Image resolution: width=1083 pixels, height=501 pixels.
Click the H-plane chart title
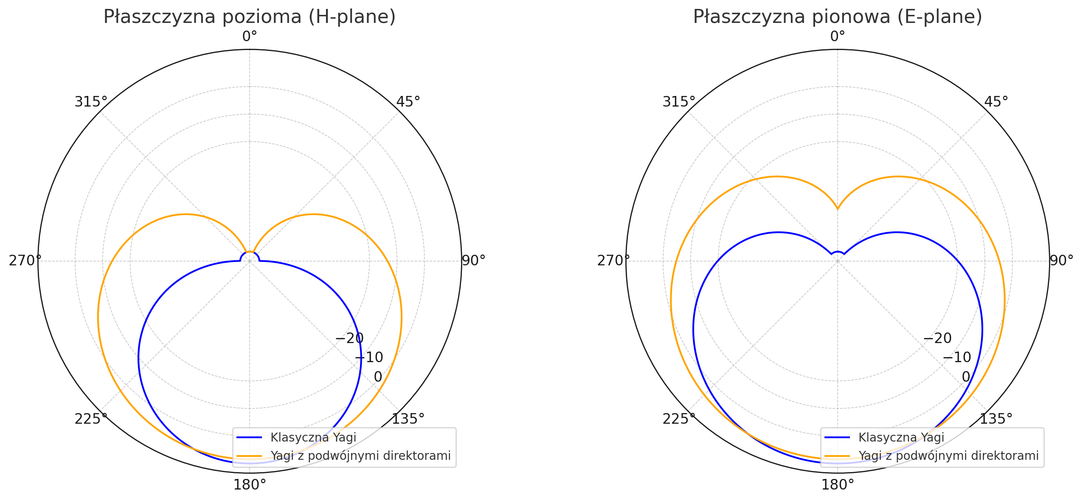pos(249,17)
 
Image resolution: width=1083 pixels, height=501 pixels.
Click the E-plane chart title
pos(837,17)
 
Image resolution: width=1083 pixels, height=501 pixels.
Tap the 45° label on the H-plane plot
pos(408,102)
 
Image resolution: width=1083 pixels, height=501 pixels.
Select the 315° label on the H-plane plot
pos(91,102)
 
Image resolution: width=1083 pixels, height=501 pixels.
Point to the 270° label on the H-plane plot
pos(25,261)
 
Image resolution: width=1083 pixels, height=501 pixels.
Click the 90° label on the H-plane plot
pos(473,261)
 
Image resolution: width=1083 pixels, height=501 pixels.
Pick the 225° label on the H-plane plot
pos(91,419)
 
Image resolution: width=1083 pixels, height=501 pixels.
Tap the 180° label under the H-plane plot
pos(250,485)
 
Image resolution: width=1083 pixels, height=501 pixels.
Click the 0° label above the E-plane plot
pos(838,37)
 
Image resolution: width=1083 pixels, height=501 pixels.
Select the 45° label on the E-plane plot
pos(996,102)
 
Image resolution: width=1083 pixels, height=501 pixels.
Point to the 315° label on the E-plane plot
pos(679,102)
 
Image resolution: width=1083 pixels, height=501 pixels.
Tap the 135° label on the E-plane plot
pos(996,419)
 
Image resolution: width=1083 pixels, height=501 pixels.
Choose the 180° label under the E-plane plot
pos(838,485)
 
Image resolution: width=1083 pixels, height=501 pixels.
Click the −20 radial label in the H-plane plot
pos(349,338)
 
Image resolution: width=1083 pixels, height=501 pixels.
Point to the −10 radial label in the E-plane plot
pos(956,357)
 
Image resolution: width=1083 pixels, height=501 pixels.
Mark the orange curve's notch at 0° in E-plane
pos(838,209)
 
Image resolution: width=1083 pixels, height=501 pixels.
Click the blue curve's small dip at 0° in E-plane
pos(838,252)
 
